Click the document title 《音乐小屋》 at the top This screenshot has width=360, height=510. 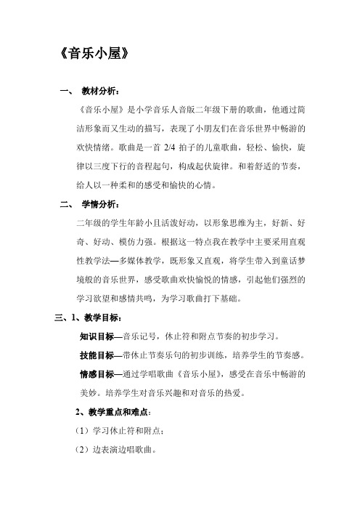coord(96,54)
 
